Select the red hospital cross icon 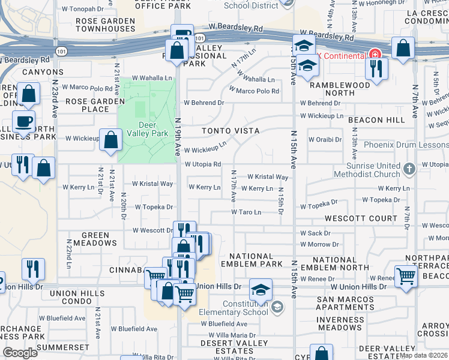[x=375, y=55]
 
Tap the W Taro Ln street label [x=247, y=212]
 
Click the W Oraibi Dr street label [x=325, y=140]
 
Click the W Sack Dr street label [x=315, y=233]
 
